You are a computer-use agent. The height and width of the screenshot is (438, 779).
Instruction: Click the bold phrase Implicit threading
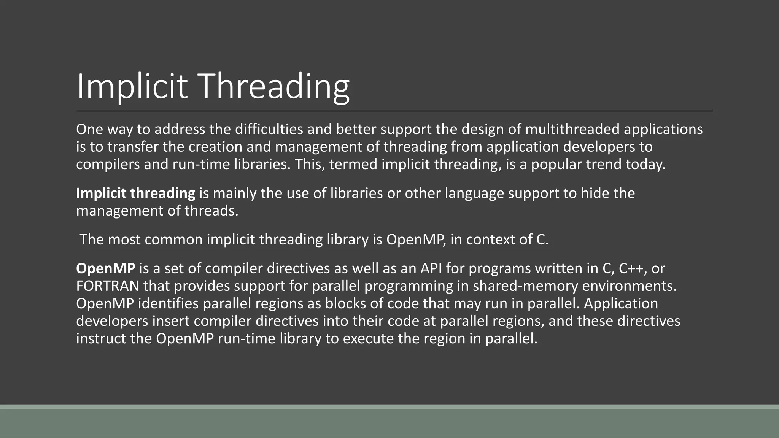tap(135, 194)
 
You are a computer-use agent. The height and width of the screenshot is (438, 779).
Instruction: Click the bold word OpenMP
tap(105, 269)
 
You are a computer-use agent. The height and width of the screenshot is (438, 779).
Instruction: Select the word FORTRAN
tap(107, 286)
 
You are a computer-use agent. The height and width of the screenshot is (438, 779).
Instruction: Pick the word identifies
tap(168, 304)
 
